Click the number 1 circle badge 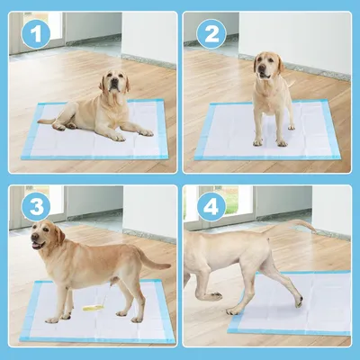(x=37, y=36)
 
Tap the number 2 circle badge (x=211, y=36)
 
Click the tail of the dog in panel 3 (x=155, y=263)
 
